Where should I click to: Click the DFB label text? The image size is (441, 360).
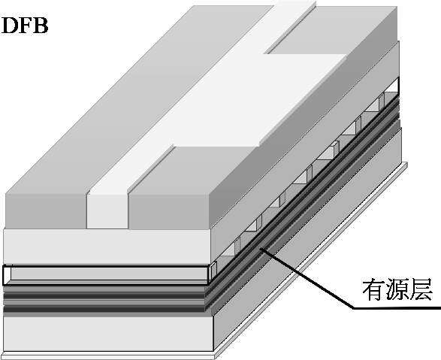click(x=25, y=26)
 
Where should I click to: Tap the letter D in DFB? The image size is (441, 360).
click(x=10, y=26)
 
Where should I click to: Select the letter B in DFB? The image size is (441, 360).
click(x=41, y=26)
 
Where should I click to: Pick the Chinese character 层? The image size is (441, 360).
click(x=421, y=290)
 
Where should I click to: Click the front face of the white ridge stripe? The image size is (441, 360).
click(x=107, y=211)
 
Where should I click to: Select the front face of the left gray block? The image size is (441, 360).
click(x=46, y=211)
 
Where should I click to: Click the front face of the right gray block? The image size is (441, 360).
click(x=169, y=211)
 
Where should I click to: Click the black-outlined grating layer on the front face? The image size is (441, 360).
click(x=106, y=275)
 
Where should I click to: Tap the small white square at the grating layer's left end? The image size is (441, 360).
click(x=7, y=273)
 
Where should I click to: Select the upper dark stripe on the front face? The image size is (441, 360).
click(x=104, y=296)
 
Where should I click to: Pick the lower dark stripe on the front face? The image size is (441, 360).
click(x=104, y=309)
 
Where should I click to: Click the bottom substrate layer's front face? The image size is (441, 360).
click(x=108, y=334)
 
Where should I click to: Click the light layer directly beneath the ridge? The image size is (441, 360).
click(x=107, y=247)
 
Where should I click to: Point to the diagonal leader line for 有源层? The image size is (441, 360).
click(x=307, y=277)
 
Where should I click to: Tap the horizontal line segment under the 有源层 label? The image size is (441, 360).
click(x=397, y=307)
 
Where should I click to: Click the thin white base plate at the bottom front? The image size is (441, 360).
click(x=108, y=355)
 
